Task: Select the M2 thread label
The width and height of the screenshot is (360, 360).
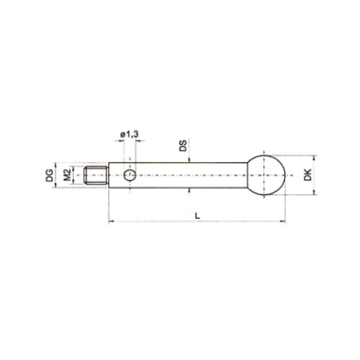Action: [66, 175]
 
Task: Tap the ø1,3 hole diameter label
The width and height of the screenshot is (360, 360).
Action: [129, 135]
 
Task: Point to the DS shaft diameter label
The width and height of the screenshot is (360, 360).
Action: [184, 146]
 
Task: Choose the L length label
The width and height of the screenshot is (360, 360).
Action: [197, 216]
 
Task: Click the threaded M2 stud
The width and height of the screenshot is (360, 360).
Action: [97, 175]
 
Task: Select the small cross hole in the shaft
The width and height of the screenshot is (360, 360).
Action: [130, 175]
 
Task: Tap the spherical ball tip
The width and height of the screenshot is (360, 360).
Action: [266, 175]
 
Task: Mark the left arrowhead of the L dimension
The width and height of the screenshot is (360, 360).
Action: [111, 222]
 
